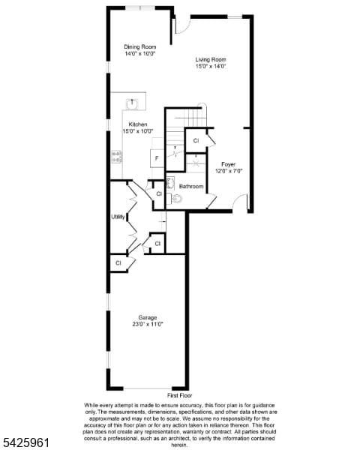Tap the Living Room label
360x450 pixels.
[211, 59]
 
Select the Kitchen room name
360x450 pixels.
[137, 124]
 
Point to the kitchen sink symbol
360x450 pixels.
[134, 102]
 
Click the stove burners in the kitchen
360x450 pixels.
[117, 156]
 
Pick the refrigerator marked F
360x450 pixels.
[155, 158]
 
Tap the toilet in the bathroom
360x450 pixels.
[176, 199]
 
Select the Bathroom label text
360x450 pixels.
[191, 186]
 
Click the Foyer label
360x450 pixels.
[228, 163]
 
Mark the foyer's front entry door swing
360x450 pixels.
[240, 202]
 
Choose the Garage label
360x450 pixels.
[147, 317]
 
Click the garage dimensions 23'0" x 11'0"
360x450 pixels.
[147, 324]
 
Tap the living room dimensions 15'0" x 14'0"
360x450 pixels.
[211, 66]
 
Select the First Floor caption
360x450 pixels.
[180, 394]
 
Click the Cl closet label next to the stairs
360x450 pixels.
[196, 140]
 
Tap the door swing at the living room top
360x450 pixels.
[180, 25]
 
